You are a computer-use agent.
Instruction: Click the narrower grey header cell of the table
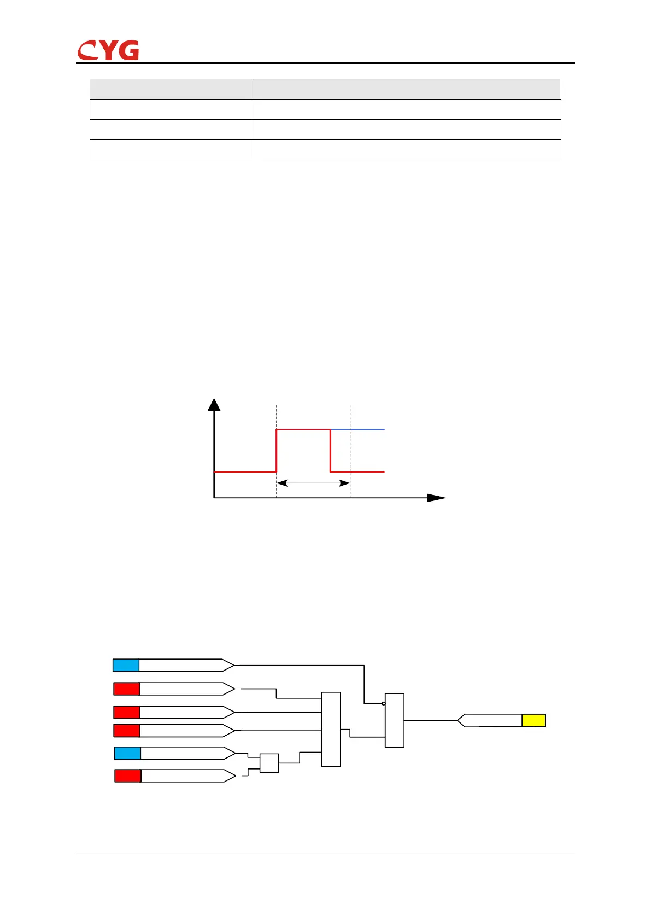coord(171,89)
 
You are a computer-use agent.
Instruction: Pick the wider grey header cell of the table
coord(407,89)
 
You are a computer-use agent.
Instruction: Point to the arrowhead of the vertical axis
coord(214,405)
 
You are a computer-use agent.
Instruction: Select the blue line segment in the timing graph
coord(357,430)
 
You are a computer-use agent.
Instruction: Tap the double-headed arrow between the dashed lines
coord(313,483)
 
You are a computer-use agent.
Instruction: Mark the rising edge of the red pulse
coord(277,451)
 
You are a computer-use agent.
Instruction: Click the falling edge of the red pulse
coord(330,451)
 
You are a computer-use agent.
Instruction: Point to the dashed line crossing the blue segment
coord(350,430)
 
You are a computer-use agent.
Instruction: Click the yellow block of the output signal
coord(533,720)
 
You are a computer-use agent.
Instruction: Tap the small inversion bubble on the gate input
coord(384,703)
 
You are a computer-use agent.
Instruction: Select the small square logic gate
coord(269,763)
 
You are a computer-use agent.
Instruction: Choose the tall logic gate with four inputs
coord(331,729)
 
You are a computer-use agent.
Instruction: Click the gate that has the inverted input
coord(395,720)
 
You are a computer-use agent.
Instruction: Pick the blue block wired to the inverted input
coord(126,665)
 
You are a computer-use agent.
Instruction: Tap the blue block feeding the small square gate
coord(127,753)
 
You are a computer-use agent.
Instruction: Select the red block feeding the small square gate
coord(128,776)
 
